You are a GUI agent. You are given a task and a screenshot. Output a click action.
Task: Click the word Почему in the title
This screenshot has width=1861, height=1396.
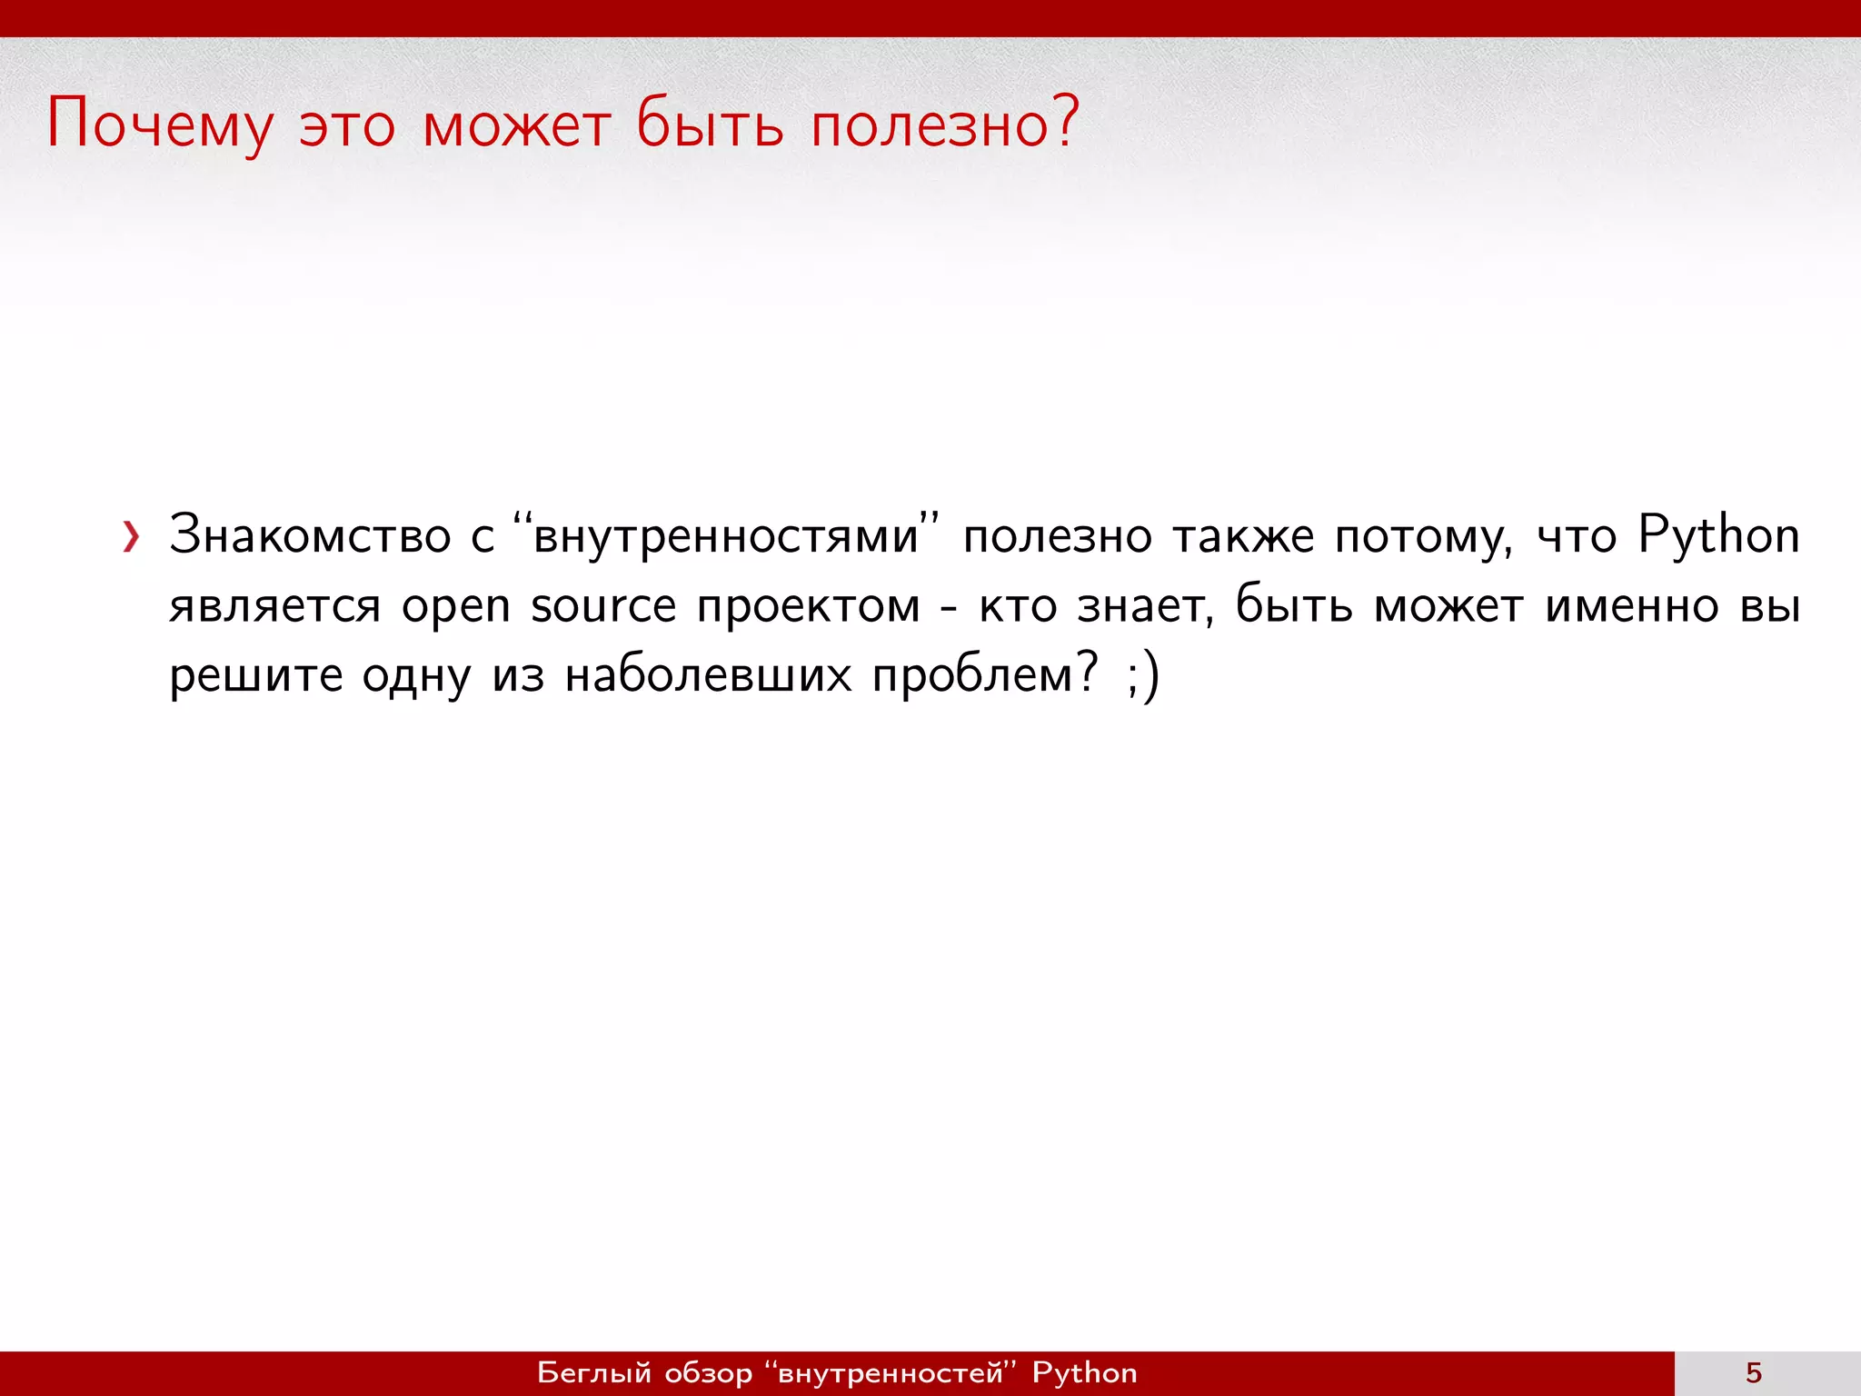pyautogui.click(x=159, y=125)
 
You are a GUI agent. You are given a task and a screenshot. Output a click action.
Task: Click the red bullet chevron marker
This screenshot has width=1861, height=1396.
pyautogui.click(x=132, y=537)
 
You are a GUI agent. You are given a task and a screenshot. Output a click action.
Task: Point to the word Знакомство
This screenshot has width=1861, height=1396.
pyautogui.click(x=309, y=535)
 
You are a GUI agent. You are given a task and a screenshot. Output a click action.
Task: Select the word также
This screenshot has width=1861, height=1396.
pyautogui.click(x=1242, y=536)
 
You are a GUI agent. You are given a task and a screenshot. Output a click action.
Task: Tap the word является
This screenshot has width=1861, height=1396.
pyautogui.click(x=274, y=606)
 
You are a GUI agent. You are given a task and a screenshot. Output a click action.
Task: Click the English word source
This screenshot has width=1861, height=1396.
pyautogui.click(x=603, y=606)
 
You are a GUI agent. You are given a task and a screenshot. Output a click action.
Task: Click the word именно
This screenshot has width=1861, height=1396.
pyautogui.click(x=1631, y=606)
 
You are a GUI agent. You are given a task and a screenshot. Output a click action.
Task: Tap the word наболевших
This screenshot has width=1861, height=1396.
pyautogui.click(x=708, y=675)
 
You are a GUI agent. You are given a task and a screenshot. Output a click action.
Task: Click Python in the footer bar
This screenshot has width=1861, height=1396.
pyautogui.click(x=1084, y=1373)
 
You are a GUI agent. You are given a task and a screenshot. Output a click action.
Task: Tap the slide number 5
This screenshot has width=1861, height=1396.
pyautogui.click(x=1754, y=1373)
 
